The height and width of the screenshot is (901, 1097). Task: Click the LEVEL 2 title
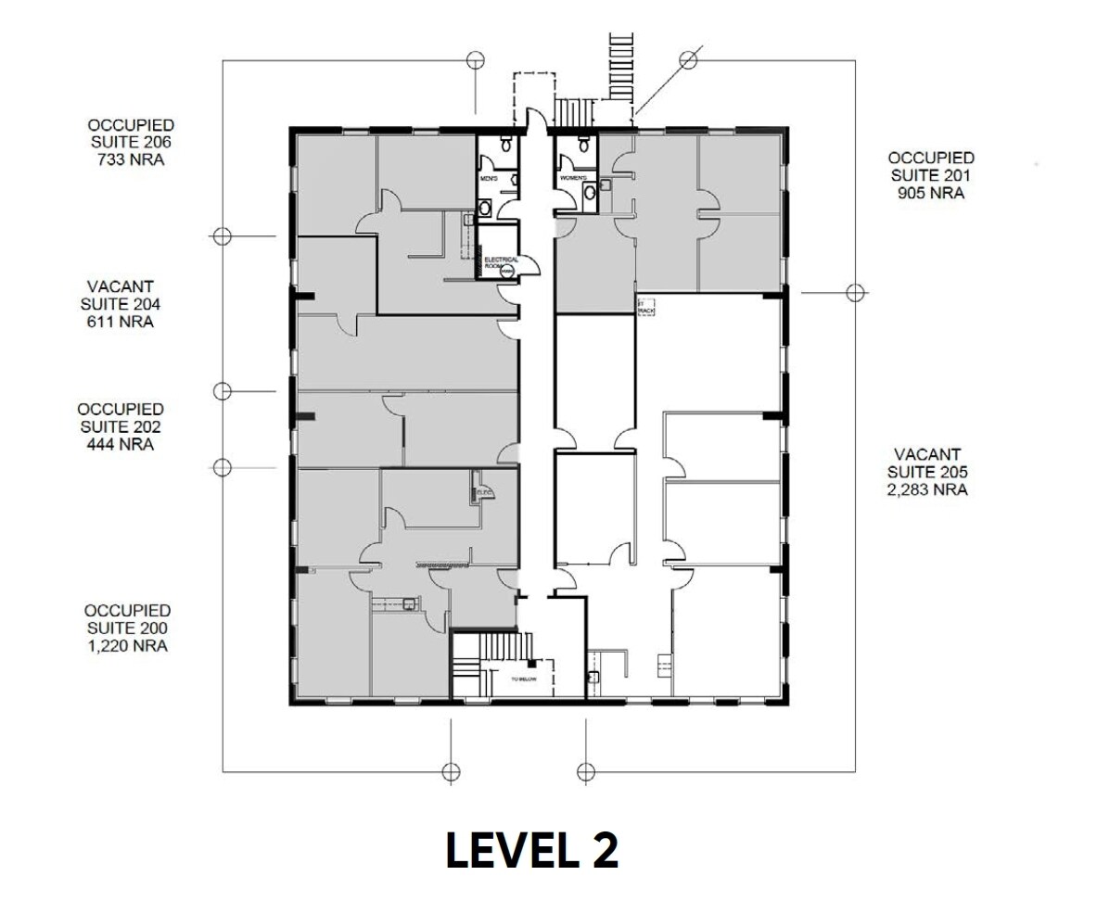coord(531,849)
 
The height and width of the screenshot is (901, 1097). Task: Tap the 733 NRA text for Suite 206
coord(130,159)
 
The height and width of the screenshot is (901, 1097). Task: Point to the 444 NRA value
coord(121,444)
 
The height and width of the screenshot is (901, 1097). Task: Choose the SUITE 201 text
coord(931,175)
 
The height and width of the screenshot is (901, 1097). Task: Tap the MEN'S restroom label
coord(490,178)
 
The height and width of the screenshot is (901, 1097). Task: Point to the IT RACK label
coord(645,306)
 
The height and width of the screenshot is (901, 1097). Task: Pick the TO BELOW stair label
coord(524,678)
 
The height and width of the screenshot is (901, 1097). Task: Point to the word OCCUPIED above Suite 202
coord(121,409)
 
